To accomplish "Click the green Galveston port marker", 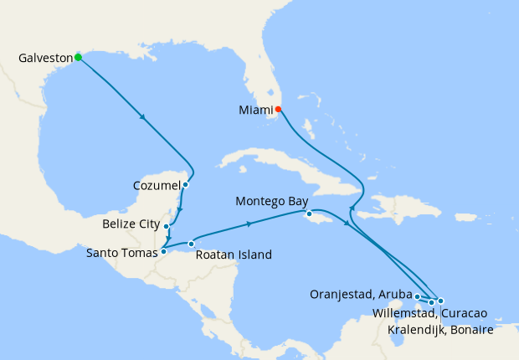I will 78,57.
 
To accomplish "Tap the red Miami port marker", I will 278,109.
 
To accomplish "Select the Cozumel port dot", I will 185,185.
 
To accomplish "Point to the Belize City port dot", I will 167,226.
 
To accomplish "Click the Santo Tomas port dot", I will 164,251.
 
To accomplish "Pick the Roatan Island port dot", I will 191,244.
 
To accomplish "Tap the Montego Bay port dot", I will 309,214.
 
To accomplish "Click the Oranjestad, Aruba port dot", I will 417,296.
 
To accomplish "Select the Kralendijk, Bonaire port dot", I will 440,301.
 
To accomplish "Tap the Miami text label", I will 254,110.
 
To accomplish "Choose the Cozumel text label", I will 157,185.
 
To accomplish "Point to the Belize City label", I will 131,224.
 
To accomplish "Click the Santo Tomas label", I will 121,251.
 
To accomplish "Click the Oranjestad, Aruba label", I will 361,295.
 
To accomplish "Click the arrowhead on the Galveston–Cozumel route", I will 145,118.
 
